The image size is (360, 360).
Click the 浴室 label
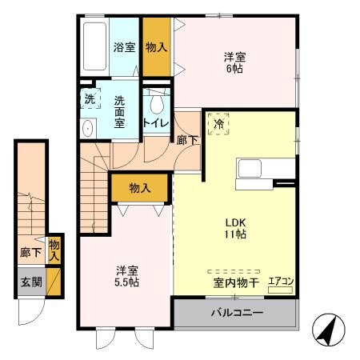(123, 47)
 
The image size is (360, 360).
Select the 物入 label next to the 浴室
(157, 47)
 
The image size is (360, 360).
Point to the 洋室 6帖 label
(235, 63)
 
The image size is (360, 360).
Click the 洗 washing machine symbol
(90, 102)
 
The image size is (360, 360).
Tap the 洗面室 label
(119, 113)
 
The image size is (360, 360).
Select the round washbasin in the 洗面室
(88, 130)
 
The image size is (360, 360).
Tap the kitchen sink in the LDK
(248, 170)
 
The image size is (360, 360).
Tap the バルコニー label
(237, 312)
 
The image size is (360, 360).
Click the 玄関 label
(29, 282)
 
